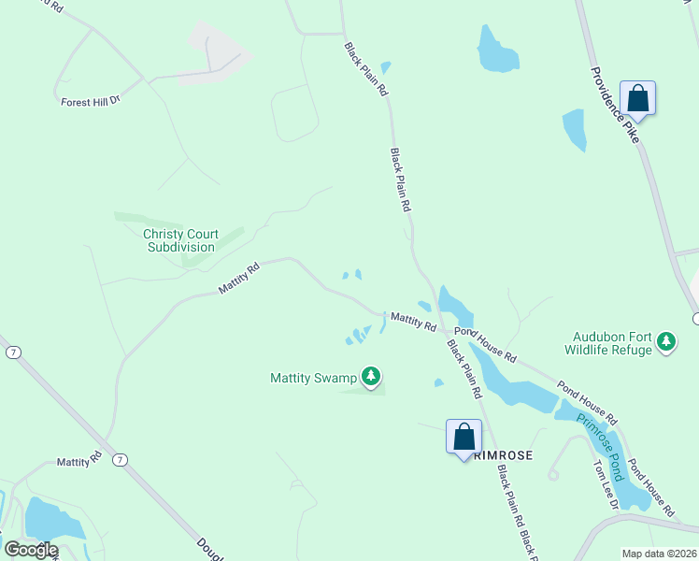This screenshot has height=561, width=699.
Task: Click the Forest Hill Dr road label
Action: [90, 100]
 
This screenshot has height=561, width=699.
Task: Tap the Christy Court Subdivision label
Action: [180, 240]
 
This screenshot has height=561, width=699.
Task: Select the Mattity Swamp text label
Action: [313, 378]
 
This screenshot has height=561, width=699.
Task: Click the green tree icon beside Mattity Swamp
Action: [372, 376]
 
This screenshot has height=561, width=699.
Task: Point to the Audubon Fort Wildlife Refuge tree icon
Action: [666, 341]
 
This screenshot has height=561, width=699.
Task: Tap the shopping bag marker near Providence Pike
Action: [637, 98]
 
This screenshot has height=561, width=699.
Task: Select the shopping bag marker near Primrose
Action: [464, 437]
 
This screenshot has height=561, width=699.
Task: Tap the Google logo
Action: [31, 550]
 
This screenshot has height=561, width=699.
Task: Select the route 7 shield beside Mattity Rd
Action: [120, 459]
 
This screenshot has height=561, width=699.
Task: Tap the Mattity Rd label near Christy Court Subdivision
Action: [238, 278]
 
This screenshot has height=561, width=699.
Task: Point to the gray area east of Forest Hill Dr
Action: [217, 51]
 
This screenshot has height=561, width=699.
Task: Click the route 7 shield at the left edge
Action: [12, 352]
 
